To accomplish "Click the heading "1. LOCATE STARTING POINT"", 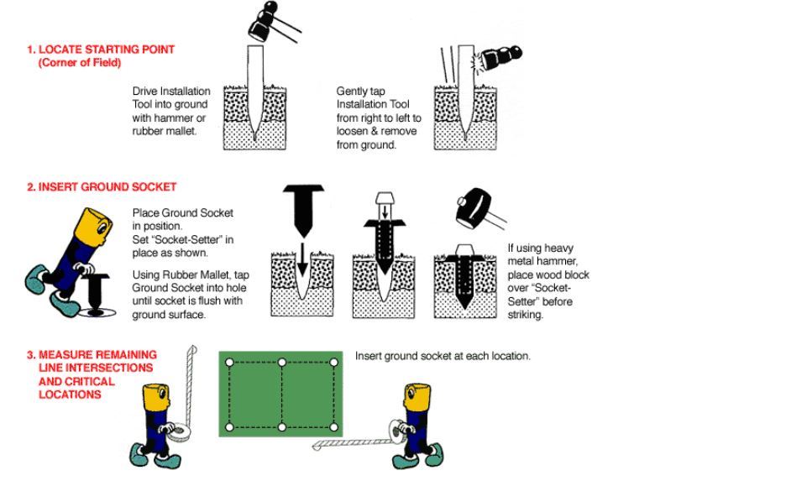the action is tap(101, 50).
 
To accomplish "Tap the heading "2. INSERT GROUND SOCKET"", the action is tap(102, 187).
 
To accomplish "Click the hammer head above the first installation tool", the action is tap(259, 28).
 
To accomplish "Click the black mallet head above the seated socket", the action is tap(474, 209).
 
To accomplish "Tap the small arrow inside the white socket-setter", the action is tap(385, 212).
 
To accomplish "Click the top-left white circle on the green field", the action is tap(230, 363).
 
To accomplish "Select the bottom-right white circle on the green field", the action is tap(334, 427).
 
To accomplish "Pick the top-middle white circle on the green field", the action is tap(282, 363).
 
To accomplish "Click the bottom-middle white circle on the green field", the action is tap(282, 427).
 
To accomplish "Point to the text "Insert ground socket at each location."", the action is tap(443, 356).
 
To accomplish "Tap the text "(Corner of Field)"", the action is tap(80, 63).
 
